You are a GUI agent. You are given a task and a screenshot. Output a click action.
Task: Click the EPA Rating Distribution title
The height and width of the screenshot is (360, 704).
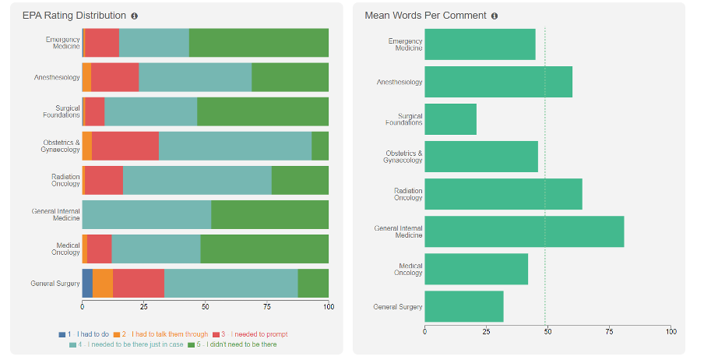pyautogui.click(x=74, y=16)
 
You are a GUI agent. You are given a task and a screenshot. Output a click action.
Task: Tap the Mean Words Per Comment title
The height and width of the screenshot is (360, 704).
pyautogui.click(x=425, y=16)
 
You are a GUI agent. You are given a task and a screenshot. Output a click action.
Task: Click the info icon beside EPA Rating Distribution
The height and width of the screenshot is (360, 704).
pyautogui.click(x=135, y=16)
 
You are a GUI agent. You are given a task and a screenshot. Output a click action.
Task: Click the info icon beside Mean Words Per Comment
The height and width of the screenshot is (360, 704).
pyautogui.click(x=495, y=16)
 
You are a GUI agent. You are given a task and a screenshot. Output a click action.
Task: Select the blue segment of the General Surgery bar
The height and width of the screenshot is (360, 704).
pyautogui.click(x=87, y=283)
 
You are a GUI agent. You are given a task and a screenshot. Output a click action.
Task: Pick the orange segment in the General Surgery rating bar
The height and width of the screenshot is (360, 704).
pyautogui.click(x=103, y=283)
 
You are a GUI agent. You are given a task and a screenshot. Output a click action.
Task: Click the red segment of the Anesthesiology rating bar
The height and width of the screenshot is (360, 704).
pyautogui.click(x=114, y=77)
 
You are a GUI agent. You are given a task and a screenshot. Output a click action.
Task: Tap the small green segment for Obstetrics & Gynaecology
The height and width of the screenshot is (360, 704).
pyautogui.click(x=320, y=146)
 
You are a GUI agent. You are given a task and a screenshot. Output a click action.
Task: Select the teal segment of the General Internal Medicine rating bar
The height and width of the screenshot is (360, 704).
pyautogui.click(x=146, y=214)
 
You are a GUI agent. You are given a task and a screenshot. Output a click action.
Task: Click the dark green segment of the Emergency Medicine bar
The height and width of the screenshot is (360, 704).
pyautogui.click(x=259, y=43)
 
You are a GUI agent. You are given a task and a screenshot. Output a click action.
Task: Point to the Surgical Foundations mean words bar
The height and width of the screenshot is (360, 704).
pyautogui.click(x=450, y=119)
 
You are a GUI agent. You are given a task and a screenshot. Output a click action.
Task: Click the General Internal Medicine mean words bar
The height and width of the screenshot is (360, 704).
pyautogui.click(x=524, y=231)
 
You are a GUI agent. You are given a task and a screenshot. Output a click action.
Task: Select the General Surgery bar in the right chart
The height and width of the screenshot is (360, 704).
pyautogui.click(x=463, y=306)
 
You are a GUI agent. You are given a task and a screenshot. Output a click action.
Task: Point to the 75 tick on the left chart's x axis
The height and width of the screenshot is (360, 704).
pyautogui.click(x=267, y=306)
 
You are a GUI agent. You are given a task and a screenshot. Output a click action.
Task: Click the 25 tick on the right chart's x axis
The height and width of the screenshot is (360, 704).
pyautogui.click(x=487, y=331)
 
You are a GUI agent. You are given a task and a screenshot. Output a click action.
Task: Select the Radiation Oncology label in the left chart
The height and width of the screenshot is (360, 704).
pyautogui.click(x=65, y=180)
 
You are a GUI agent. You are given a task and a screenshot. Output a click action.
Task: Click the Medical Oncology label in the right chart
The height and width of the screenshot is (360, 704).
pyautogui.click(x=409, y=269)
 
